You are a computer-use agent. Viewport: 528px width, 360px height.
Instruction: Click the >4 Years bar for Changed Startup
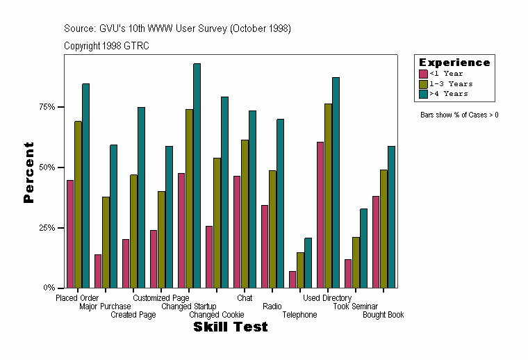click(x=197, y=175)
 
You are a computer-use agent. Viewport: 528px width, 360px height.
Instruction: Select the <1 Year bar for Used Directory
click(x=320, y=215)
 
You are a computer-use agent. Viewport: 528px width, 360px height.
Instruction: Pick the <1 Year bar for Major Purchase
click(x=98, y=271)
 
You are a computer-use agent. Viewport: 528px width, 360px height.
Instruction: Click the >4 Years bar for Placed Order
click(x=85, y=186)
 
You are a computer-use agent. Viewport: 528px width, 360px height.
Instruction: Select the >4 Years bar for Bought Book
click(x=391, y=217)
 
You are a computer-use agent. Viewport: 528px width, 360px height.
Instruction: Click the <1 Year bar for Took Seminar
click(x=348, y=273)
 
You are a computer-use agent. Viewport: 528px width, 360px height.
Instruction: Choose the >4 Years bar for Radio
click(x=280, y=203)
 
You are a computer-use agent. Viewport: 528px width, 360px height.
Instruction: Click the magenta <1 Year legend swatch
click(x=423, y=74)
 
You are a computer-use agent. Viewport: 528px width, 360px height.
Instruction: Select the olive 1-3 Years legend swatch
click(x=423, y=83)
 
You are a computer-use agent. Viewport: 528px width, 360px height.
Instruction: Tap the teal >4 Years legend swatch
click(x=423, y=94)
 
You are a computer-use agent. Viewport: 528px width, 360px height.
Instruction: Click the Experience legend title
click(x=454, y=63)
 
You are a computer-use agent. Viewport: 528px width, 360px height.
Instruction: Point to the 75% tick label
click(x=47, y=107)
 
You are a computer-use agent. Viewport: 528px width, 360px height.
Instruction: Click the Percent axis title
click(x=28, y=172)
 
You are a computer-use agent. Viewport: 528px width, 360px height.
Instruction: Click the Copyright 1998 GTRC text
click(x=106, y=46)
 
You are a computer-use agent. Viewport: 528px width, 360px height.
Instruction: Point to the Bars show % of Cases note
click(x=459, y=115)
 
